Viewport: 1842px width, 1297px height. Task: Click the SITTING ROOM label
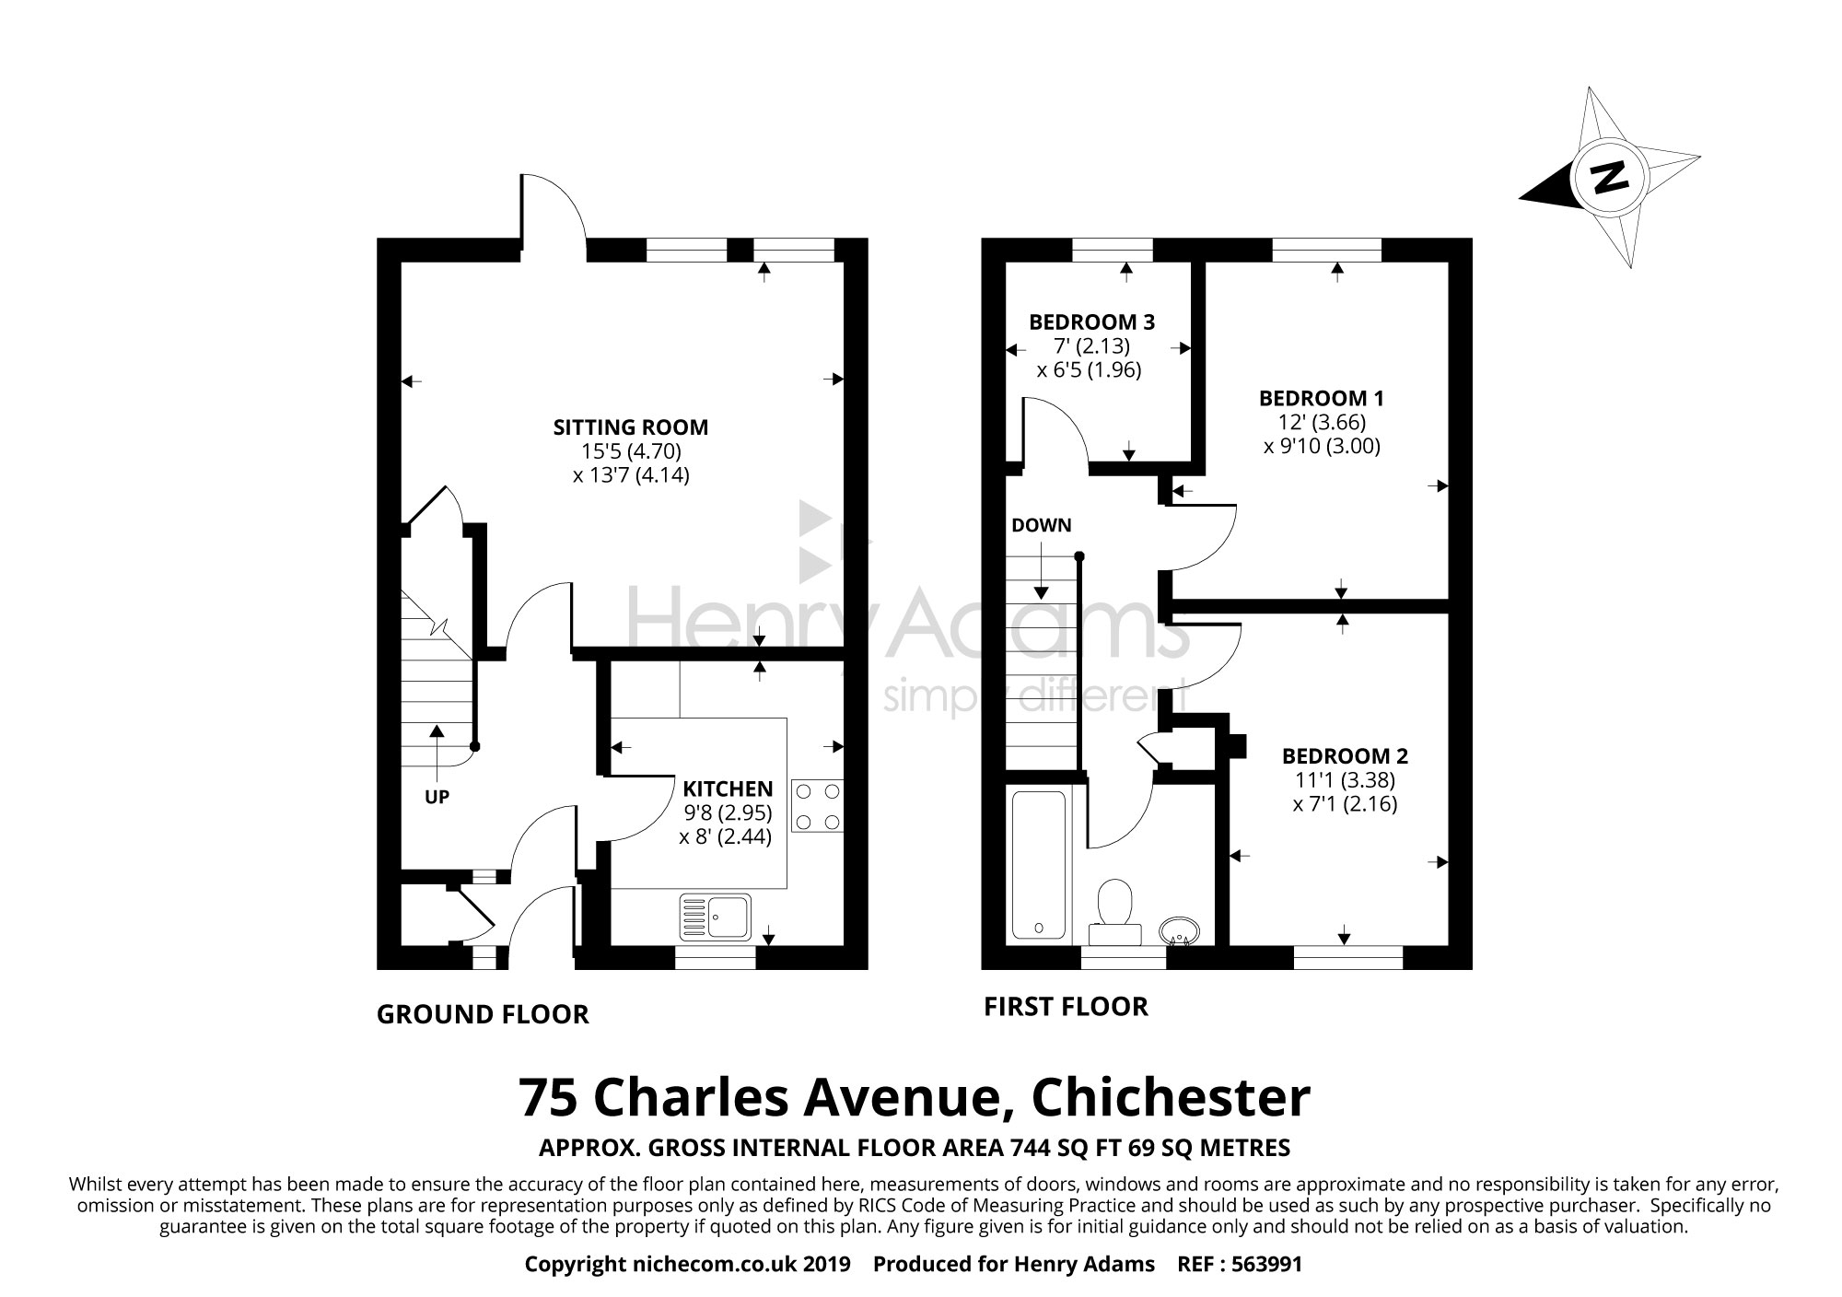[630, 427]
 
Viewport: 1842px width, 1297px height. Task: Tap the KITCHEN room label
[727, 789]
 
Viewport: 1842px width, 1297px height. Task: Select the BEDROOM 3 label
[1091, 322]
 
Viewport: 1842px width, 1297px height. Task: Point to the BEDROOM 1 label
[1321, 399]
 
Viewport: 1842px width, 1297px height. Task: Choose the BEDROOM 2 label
[1345, 756]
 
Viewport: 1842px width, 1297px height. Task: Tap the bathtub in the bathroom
[1038, 864]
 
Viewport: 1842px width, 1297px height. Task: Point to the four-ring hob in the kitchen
[817, 806]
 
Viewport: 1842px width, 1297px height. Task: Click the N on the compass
[1609, 177]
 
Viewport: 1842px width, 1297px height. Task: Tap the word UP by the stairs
[437, 797]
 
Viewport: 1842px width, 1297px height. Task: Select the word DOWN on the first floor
[1041, 526]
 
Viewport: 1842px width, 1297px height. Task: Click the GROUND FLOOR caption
[483, 1015]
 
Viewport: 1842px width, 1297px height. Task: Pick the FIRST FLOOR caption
[1066, 1007]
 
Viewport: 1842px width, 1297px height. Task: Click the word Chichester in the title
[1170, 1097]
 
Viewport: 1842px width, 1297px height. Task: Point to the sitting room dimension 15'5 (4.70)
[630, 451]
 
